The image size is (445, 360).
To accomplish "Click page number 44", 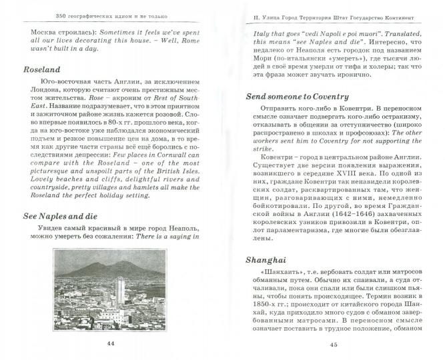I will coord(111,342).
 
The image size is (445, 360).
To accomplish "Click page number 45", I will coord(334,344).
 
